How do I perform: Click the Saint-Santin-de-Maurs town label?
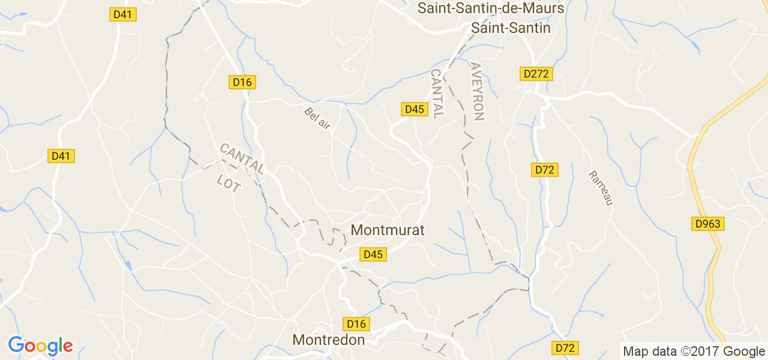(491, 8)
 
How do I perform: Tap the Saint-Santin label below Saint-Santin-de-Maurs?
(511, 28)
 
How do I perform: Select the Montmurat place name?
(388, 230)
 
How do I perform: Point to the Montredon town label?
(328, 340)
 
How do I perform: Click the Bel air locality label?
(317, 117)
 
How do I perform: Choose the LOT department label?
(229, 183)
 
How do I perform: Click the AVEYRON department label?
(478, 91)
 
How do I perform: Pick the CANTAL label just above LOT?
(241, 158)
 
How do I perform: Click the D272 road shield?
(536, 74)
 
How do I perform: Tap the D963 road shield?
(708, 224)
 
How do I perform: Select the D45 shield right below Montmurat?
(373, 254)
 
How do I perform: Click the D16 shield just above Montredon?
(356, 324)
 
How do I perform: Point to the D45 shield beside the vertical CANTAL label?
(414, 109)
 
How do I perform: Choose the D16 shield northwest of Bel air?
(242, 82)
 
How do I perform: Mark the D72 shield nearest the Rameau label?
(545, 170)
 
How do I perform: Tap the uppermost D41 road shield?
(122, 14)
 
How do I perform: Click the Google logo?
(40, 346)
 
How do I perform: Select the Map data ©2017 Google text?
(694, 352)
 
